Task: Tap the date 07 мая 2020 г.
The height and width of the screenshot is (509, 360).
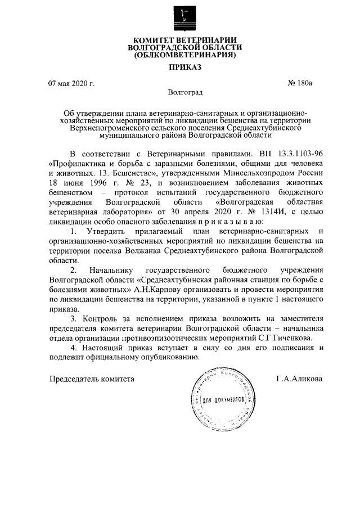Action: tap(71, 84)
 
